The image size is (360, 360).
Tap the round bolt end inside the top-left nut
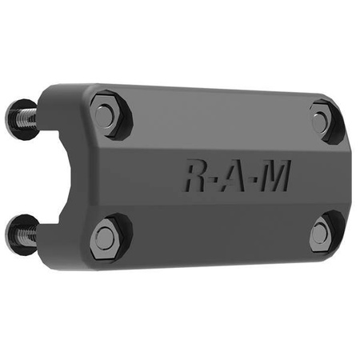click(x=105, y=114)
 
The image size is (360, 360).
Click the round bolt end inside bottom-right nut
click(x=319, y=234)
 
